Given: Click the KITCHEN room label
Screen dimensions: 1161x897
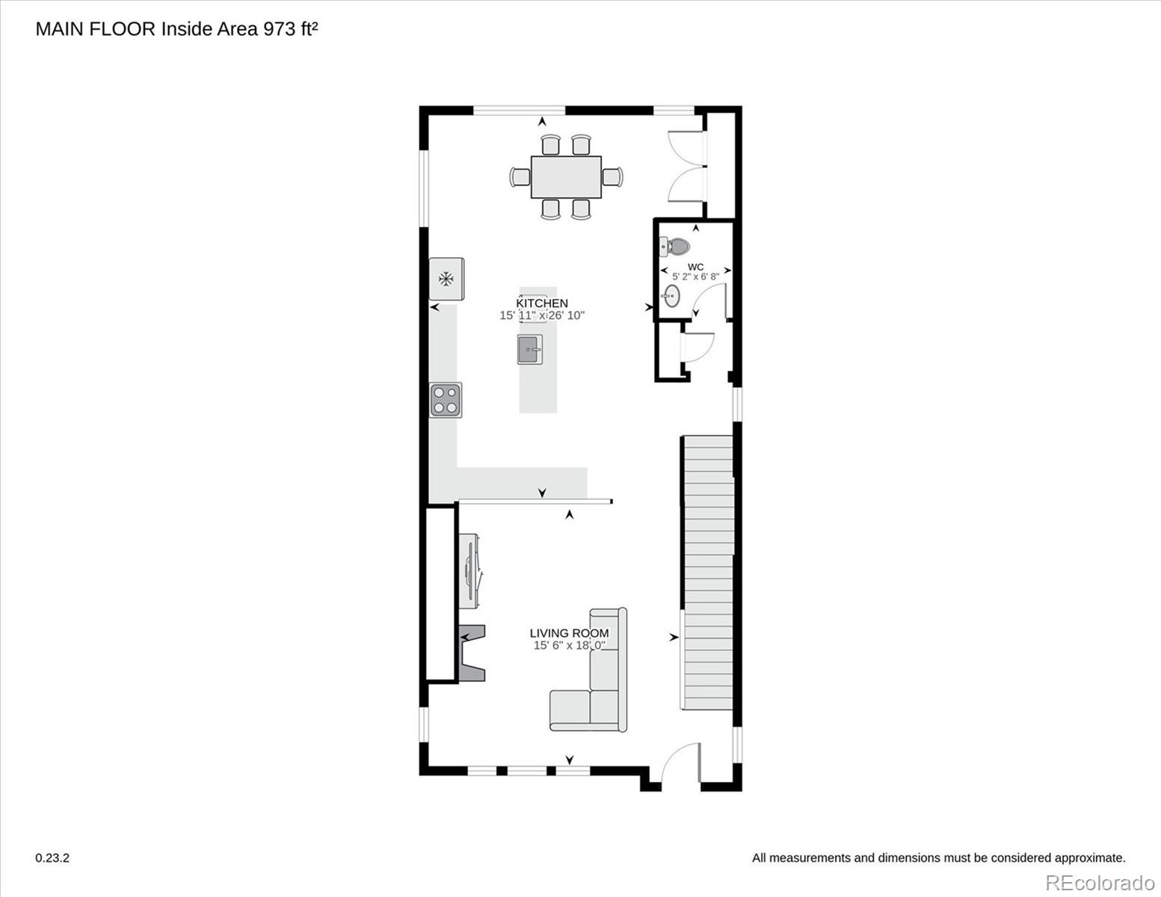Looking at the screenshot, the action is click(542, 303).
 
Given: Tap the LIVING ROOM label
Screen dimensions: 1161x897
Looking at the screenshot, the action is click(569, 633).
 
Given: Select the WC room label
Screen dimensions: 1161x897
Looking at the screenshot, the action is click(696, 267).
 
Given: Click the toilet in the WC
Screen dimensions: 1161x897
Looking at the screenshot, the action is click(675, 246).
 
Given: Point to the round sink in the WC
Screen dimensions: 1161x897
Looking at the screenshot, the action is click(671, 295).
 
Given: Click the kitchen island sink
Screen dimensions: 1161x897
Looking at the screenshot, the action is click(530, 349).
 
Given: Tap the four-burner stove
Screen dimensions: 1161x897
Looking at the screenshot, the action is click(446, 400).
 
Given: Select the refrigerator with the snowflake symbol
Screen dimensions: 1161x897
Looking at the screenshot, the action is click(446, 278).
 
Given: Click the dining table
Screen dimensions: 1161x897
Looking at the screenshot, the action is click(567, 177).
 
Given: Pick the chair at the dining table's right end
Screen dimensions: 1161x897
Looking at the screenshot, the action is click(612, 177).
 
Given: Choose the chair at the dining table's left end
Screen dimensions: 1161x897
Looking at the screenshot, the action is click(520, 177).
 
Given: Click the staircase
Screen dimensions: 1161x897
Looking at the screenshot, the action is click(709, 573).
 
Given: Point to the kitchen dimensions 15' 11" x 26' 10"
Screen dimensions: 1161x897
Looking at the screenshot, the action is click(542, 315).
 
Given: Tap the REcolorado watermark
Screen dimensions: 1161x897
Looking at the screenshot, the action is click(1100, 883).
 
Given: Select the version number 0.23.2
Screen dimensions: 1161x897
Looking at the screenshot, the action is click(52, 858).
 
